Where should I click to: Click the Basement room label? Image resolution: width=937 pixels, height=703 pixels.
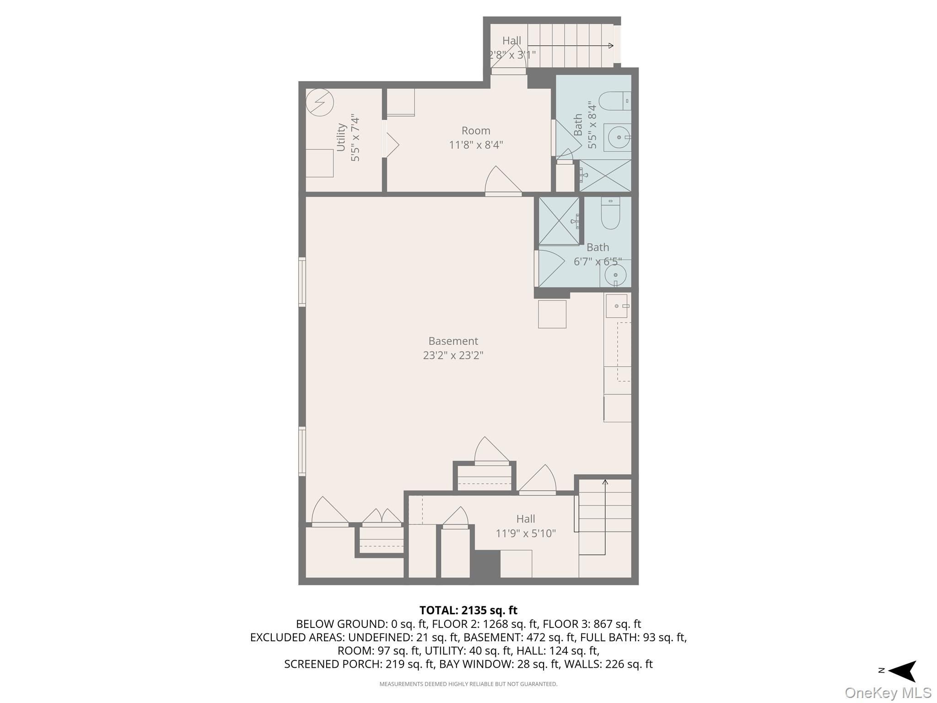(x=453, y=341)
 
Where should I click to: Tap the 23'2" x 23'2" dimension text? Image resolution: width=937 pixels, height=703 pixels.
(x=453, y=355)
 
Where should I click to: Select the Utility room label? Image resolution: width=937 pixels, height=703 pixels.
(x=341, y=137)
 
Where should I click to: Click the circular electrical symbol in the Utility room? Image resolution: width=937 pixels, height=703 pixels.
(x=319, y=102)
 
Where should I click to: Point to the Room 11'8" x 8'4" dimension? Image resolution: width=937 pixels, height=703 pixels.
(x=476, y=145)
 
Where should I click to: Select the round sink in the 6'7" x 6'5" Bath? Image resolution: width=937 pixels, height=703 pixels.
(x=615, y=275)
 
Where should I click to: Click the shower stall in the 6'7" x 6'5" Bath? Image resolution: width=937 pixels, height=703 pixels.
(x=559, y=221)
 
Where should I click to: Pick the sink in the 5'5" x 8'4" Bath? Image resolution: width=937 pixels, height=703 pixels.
(x=618, y=137)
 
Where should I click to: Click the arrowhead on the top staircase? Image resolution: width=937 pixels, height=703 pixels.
(x=611, y=45)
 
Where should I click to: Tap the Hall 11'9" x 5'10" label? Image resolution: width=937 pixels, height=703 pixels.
(x=526, y=526)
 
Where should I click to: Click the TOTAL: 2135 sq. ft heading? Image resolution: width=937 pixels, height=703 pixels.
(x=468, y=610)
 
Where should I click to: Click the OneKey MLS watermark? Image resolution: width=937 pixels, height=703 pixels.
(x=888, y=692)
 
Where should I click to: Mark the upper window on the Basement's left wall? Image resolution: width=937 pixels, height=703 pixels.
(x=302, y=281)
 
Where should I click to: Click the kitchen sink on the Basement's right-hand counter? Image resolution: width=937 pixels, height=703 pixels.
(x=616, y=306)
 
